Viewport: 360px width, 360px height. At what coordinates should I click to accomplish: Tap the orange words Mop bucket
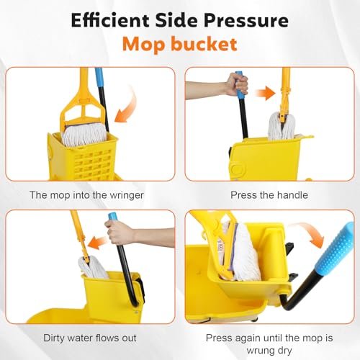tap(179, 45)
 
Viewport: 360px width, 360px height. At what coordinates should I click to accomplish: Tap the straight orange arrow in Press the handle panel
tap(266, 91)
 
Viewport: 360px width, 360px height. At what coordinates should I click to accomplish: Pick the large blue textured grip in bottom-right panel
tap(336, 246)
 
